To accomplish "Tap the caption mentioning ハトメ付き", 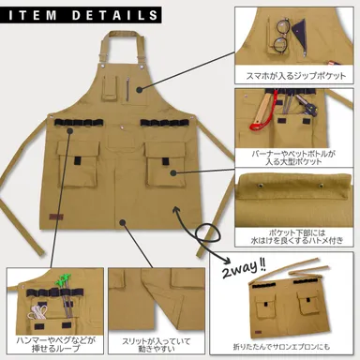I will point(295,232).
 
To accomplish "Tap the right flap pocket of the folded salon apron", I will point(312,302).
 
